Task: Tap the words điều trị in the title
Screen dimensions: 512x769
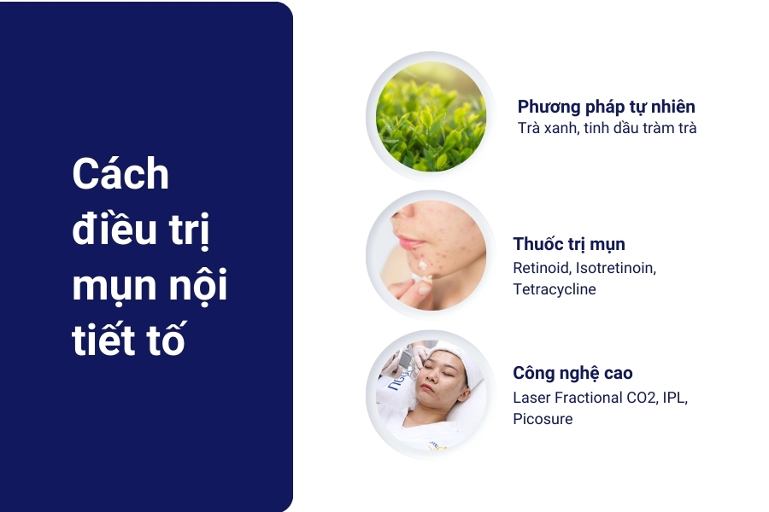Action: tap(141, 230)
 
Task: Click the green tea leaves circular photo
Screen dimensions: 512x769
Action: tap(431, 116)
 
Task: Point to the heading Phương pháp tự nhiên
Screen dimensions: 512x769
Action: tap(606, 107)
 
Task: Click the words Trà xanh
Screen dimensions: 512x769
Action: tap(543, 129)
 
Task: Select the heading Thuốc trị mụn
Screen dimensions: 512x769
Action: tap(569, 245)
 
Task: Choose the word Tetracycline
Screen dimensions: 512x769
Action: tap(555, 289)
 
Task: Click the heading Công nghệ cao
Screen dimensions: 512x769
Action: tap(572, 373)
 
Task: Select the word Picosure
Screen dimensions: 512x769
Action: tap(543, 419)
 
